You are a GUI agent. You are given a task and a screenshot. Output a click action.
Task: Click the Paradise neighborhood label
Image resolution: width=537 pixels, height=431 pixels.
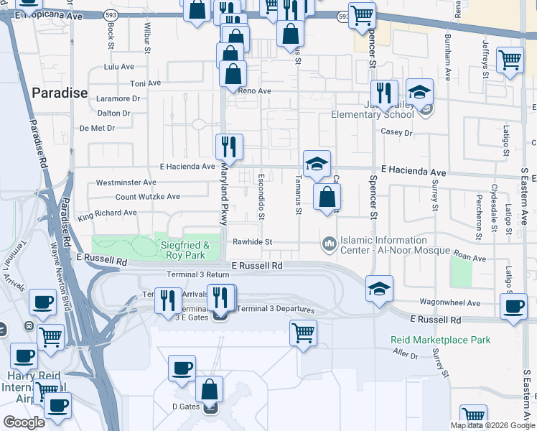60,93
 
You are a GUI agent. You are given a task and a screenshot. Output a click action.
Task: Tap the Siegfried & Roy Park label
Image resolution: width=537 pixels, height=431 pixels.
183,250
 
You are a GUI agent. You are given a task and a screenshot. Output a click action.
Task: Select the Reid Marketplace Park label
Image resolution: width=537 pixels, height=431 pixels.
441,340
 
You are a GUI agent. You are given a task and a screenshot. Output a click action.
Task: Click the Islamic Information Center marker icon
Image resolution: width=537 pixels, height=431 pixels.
330,245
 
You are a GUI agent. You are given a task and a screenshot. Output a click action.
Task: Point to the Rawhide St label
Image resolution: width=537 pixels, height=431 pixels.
249,242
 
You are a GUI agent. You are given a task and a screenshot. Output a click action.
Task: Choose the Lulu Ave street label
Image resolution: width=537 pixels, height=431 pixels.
119,67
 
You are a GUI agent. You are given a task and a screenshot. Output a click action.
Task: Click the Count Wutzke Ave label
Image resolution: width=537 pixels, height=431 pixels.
148,196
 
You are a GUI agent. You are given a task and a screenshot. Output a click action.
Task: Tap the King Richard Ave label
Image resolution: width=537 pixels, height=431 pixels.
107,213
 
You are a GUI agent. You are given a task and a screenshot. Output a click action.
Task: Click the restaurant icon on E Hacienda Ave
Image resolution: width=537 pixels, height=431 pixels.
230,147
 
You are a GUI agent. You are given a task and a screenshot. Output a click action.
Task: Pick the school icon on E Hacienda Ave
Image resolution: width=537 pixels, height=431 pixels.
317,163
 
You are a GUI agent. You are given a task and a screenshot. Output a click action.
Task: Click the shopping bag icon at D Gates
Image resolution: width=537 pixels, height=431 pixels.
210,390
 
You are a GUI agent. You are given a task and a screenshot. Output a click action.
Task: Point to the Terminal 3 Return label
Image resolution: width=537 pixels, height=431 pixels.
198,275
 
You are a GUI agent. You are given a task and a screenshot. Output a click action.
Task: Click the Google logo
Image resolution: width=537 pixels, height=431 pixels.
24,422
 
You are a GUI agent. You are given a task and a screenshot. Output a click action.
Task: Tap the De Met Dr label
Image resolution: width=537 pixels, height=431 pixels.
97,129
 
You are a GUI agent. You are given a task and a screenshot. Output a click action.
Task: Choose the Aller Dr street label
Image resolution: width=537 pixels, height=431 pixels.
406,353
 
